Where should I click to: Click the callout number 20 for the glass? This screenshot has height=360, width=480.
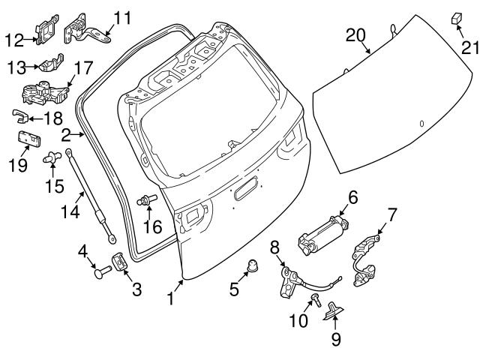click(355, 34)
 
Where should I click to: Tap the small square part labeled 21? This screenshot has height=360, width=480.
click(456, 17)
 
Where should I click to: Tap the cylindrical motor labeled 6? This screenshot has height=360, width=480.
click(322, 232)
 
